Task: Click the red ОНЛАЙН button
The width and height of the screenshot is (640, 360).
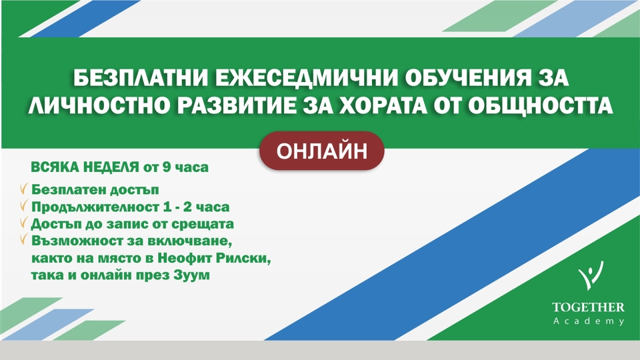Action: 321,151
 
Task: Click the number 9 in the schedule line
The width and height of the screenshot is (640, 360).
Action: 166,167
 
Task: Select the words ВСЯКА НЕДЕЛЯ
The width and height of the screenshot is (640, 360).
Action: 85,167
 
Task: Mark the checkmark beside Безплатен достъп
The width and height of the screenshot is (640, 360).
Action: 24,189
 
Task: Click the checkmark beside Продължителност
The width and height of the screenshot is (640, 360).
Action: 24,206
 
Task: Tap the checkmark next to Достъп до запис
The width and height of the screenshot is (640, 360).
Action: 24,223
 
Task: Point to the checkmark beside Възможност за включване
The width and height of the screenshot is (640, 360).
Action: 24,239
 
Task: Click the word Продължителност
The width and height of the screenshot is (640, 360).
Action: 95,207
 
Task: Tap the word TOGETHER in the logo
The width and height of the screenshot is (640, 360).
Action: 588,307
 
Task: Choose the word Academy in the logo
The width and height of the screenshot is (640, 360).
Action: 589,321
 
